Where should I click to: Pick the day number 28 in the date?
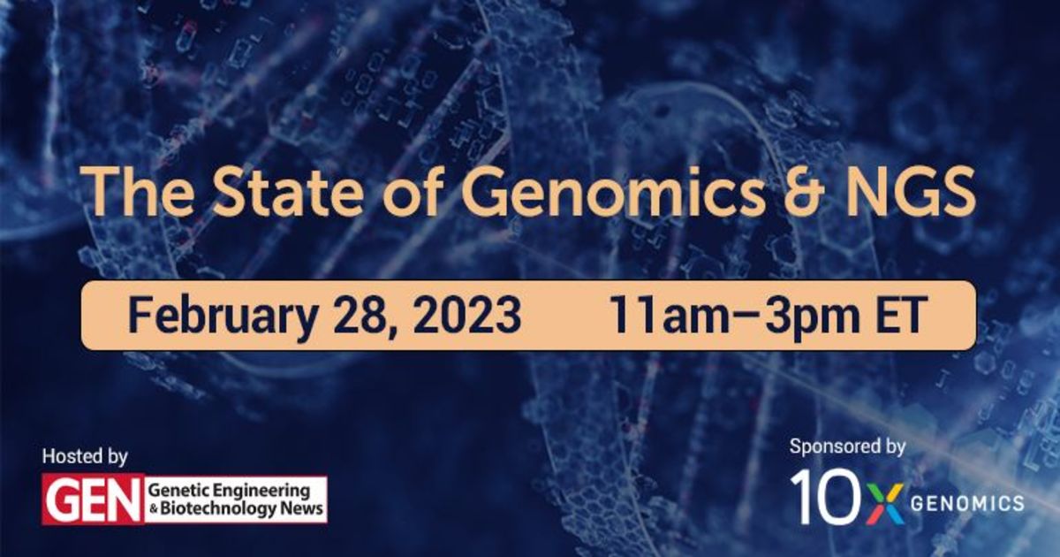(362, 315)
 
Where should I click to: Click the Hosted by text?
(85, 457)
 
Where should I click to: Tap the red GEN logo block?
(94, 500)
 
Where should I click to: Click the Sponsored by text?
(847, 447)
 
